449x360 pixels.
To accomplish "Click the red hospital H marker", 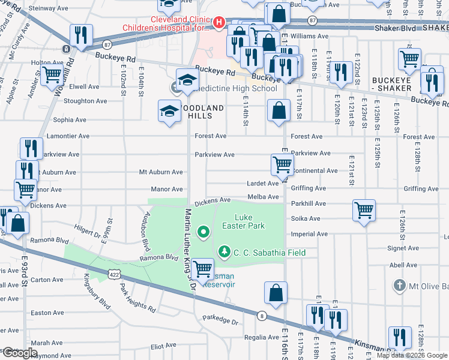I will [218, 23].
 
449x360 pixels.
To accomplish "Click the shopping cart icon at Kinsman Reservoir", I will [203, 268].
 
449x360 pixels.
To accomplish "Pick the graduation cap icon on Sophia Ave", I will [169, 110].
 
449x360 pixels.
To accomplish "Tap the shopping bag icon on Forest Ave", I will [278, 110].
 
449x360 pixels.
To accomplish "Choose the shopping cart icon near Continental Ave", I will [282, 163].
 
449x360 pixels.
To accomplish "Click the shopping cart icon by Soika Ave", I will [364, 210].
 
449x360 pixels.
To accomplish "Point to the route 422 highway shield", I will [113, 274].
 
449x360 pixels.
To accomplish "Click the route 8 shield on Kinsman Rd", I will [262, 315].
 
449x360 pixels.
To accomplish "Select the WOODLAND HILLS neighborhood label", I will [204, 108].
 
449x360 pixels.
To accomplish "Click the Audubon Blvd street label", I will [146, 230].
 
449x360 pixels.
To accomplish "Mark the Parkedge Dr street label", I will [220, 322].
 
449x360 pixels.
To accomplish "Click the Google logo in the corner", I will [19, 353].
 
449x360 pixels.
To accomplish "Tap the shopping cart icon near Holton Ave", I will [52, 75].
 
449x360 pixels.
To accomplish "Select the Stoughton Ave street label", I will [77, 102].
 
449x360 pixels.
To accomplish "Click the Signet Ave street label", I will [403, 247].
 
